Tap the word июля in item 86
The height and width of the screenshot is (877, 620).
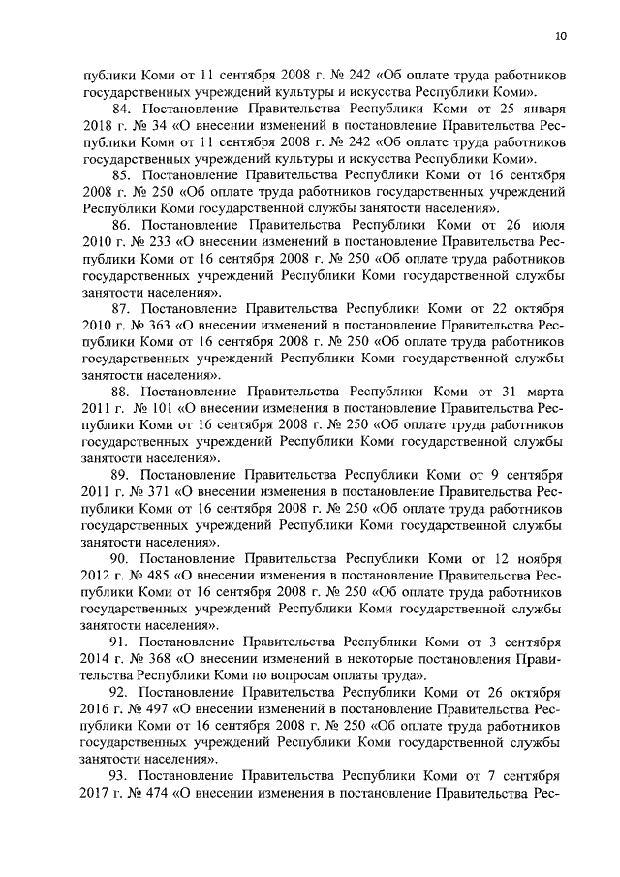(545, 225)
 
